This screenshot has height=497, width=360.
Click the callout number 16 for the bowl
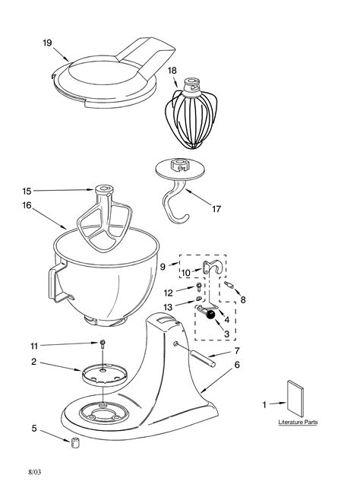coord(27,204)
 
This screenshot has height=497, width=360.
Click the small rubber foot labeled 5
coord(76,442)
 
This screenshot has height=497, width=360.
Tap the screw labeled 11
coord(101,346)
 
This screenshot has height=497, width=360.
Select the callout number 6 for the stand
coord(237,365)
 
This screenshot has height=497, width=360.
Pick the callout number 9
coord(163,266)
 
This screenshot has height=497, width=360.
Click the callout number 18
coord(172,70)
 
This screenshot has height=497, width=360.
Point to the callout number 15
coord(27,191)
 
